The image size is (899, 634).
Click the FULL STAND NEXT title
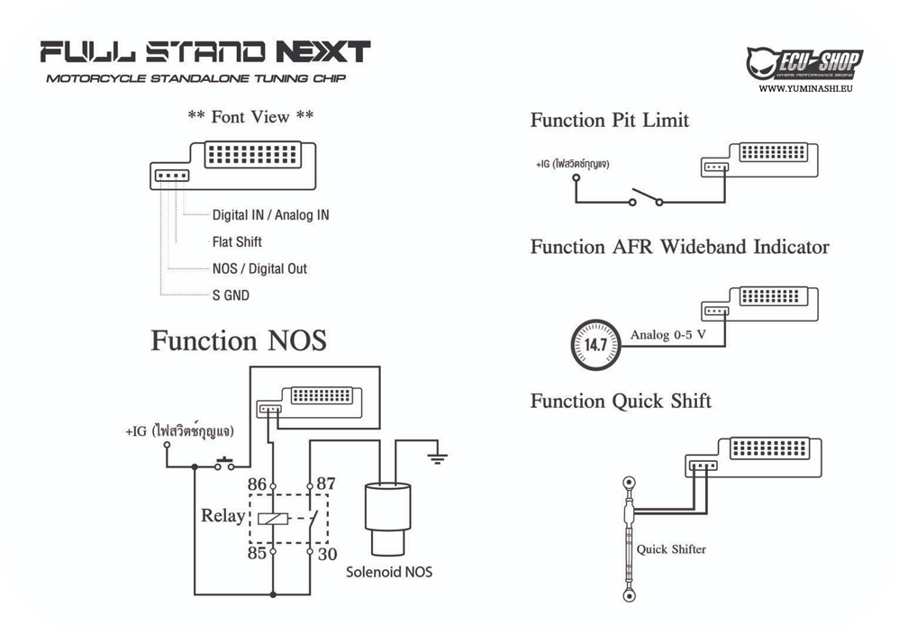(205, 52)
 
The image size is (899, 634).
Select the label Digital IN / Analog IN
(270, 215)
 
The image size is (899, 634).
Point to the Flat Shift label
(237, 241)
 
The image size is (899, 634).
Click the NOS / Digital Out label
(259, 268)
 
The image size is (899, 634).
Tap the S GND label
(231, 294)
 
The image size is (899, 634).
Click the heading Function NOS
(239, 341)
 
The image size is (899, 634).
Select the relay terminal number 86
(258, 484)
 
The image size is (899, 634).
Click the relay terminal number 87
(325, 484)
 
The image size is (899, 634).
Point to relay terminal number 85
(257, 553)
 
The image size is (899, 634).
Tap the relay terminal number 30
(326, 554)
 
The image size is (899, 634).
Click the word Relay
(222, 516)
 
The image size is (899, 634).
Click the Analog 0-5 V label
(667, 335)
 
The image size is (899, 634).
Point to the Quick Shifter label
(671, 548)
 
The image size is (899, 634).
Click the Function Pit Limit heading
(609, 120)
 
